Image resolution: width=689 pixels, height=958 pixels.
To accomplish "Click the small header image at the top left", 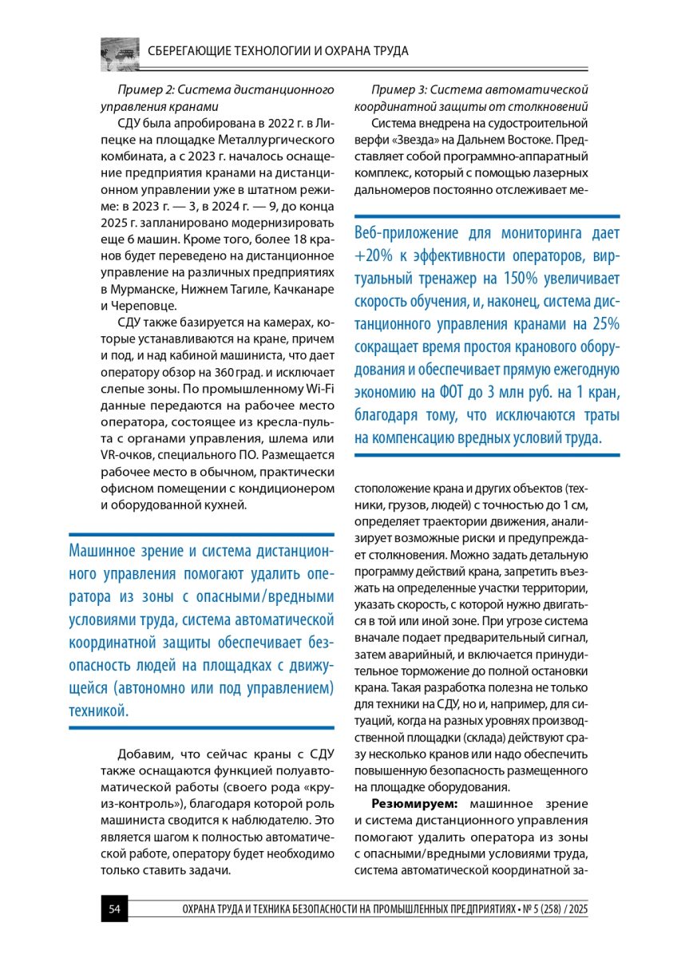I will [x=120, y=53].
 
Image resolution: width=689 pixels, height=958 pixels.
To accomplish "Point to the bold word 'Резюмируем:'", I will [x=414, y=804].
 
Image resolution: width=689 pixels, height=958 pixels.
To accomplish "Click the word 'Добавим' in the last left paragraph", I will [x=146, y=754].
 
